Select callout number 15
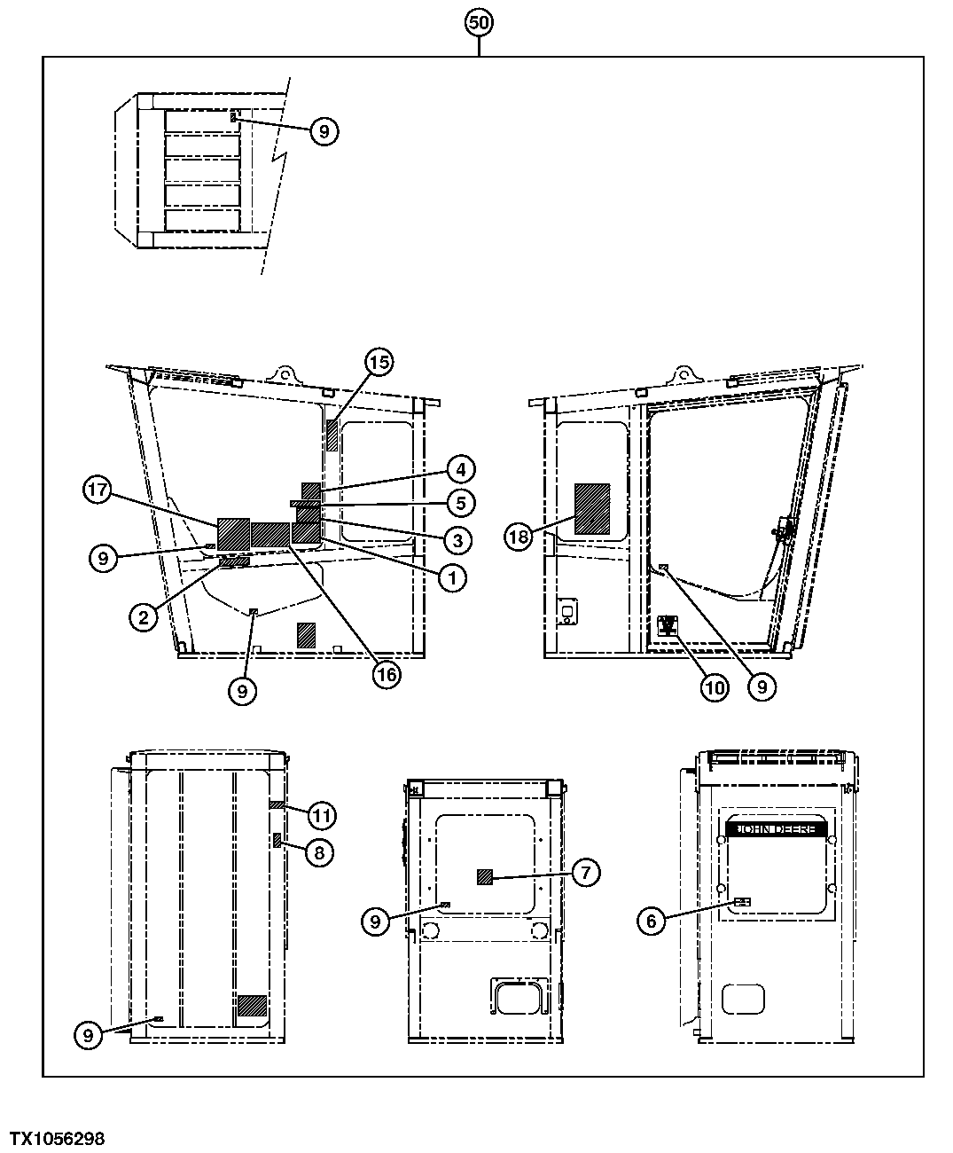point(379,362)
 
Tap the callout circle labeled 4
point(459,468)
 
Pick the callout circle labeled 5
point(459,503)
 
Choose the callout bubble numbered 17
point(98,490)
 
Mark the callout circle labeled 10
point(715,686)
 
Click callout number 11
point(323,813)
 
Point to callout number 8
point(320,852)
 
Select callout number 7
point(586,873)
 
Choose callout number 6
point(652,921)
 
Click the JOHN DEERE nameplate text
point(777,828)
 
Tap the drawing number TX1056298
point(57,1138)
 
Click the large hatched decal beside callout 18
point(592,508)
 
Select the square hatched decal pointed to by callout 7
point(485,877)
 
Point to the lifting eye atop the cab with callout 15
point(284,373)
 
